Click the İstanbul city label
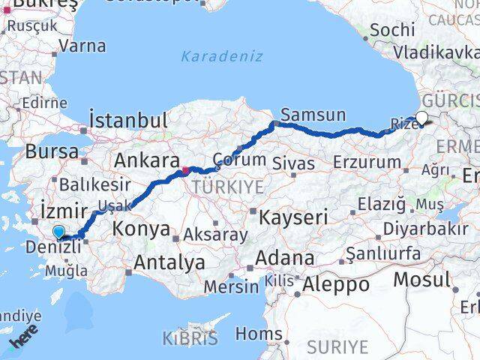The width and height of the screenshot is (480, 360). pyautogui.click(x=127, y=120)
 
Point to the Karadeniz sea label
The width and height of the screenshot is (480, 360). pyautogui.click(x=211, y=55)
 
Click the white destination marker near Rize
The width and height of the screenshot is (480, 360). pyautogui.click(x=422, y=118)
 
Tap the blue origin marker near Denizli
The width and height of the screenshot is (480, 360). pyautogui.click(x=58, y=233)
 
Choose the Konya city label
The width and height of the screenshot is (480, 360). pyautogui.click(x=142, y=229)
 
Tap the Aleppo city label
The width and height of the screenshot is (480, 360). pyautogui.click(x=335, y=285)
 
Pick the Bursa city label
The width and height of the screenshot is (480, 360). pyautogui.click(x=52, y=151)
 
